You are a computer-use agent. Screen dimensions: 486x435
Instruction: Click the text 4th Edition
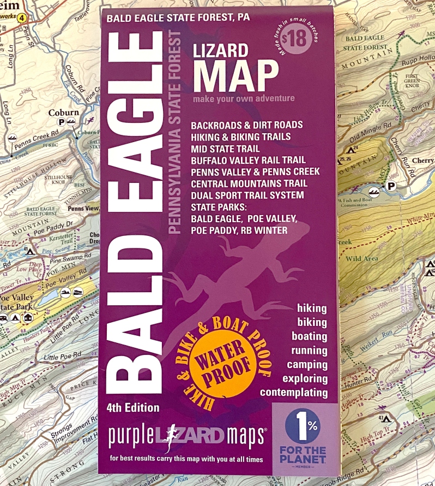pos(134,408)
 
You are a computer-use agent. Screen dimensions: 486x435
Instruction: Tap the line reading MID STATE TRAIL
pos(225,149)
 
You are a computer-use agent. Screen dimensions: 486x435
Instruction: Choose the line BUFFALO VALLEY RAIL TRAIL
pos(248,160)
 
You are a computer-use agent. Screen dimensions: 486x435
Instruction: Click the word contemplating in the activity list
pos(294,393)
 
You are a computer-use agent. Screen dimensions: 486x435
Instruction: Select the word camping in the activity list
pos(309,365)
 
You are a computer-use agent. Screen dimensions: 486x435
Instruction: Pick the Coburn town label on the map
pos(64,113)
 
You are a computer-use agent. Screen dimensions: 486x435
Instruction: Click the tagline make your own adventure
pos(243,99)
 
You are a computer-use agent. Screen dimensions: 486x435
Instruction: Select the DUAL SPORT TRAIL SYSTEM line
pos(247,195)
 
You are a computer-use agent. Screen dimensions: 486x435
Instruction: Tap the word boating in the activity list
pos(309,336)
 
